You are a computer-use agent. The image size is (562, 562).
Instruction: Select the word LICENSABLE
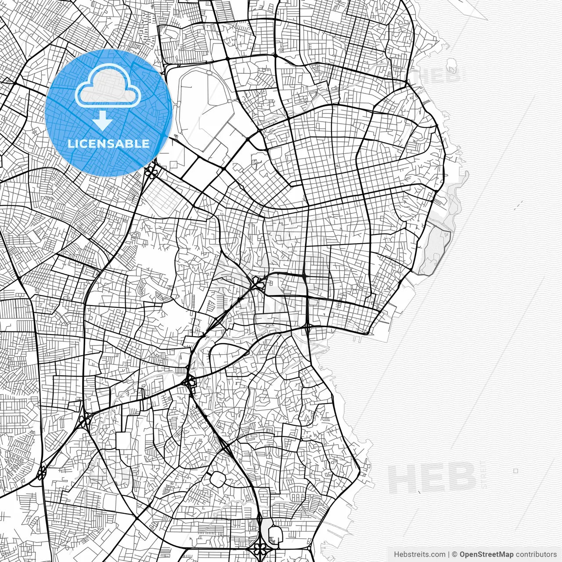tap(108, 144)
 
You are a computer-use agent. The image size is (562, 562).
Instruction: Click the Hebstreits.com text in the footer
tap(419, 555)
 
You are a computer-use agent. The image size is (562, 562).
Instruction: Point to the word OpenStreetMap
tap(486, 555)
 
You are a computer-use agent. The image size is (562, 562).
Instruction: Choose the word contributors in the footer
tap(536, 555)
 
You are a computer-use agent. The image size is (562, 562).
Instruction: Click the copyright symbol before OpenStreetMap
tap(455, 555)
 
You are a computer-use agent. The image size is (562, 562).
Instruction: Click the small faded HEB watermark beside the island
tap(435, 76)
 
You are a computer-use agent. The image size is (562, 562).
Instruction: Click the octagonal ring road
tap(218, 479)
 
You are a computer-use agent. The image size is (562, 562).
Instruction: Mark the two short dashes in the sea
tap(519, 204)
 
